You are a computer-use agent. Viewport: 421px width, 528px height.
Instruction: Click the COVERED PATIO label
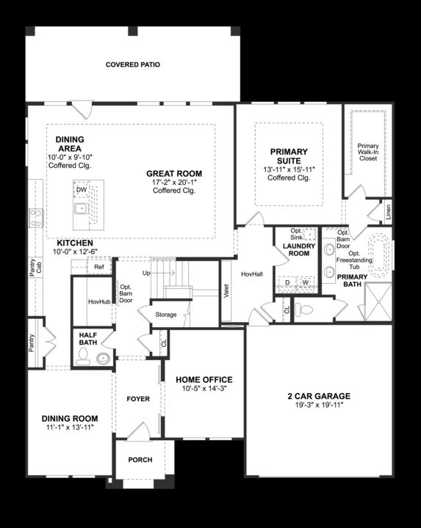coord(132,65)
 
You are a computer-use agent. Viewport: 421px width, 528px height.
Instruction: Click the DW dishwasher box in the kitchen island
coord(82,189)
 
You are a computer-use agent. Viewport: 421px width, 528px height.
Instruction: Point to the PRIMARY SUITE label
coord(289,155)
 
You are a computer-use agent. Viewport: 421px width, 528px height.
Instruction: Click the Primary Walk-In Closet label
coord(368,152)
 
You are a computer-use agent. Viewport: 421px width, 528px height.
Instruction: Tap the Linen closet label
coord(388,212)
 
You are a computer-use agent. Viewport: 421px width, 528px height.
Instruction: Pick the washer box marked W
coord(305,282)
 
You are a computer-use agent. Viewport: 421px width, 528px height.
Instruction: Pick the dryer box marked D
coord(287,282)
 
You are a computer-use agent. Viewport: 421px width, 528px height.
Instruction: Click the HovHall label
coord(251,274)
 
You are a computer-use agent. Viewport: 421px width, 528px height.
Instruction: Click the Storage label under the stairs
coord(166,315)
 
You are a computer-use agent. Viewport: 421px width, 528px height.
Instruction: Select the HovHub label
coord(98,301)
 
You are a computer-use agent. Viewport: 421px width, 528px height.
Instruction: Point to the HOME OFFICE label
coord(204,380)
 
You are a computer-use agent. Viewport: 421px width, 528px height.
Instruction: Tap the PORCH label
coord(140,460)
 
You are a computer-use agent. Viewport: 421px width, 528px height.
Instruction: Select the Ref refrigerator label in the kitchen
coord(98,268)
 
